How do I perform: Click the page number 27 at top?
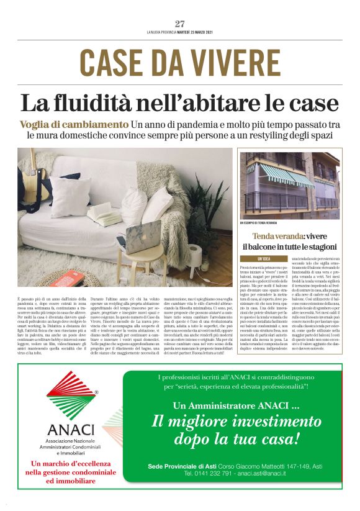[180, 24]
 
